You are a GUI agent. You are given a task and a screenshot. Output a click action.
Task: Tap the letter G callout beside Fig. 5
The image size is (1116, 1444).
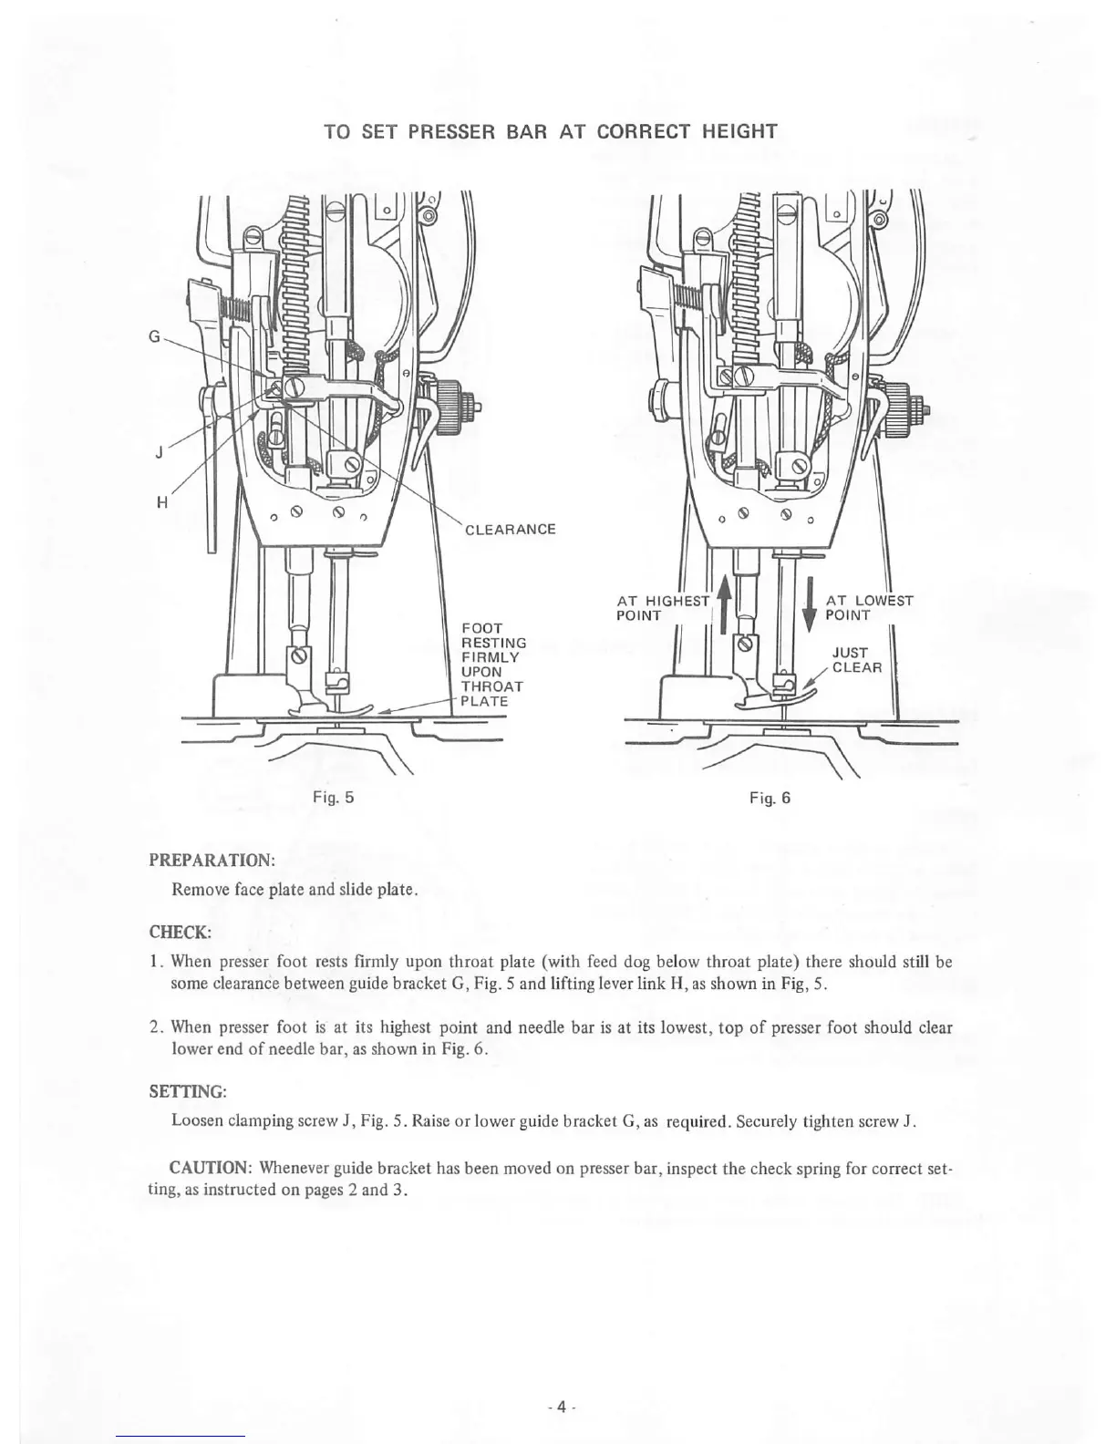click(x=154, y=335)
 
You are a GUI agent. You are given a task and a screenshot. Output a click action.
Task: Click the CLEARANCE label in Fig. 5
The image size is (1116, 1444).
click(x=510, y=530)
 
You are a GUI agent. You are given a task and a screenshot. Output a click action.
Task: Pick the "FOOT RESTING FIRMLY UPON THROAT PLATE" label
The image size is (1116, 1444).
click(x=492, y=665)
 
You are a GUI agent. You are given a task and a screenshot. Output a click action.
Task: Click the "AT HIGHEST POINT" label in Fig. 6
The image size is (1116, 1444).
click(x=662, y=608)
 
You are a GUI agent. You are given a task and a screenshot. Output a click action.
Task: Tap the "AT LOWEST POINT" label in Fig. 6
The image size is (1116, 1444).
click(x=868, y=608)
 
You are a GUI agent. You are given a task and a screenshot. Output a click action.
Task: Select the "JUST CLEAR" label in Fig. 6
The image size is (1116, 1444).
click(x=857, y=660)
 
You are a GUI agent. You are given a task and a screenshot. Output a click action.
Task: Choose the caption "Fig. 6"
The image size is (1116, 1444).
click(x=770, y=798)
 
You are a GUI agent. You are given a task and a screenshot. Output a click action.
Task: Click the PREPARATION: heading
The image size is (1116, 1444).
click(x=212, y=861)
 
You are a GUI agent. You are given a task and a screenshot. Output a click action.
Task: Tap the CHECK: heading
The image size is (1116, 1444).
click(x=180, y=932)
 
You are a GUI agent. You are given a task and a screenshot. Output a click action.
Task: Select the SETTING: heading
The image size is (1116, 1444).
click(x=187, y=1091)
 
